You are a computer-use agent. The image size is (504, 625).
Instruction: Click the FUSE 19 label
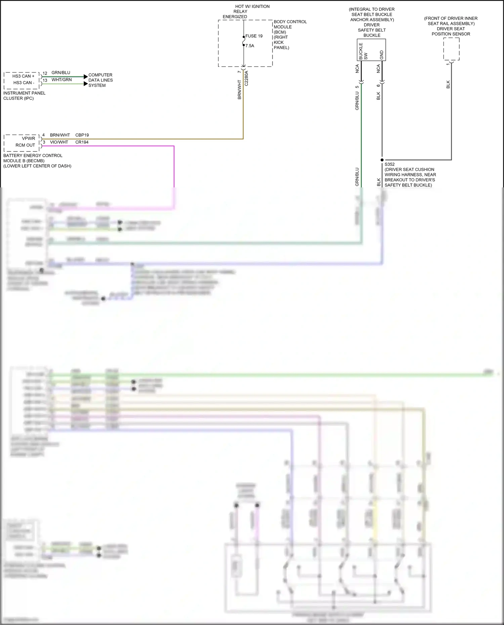[254, 36]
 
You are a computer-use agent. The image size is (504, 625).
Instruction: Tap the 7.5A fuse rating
[250, 46]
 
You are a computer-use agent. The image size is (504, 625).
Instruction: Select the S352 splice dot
[382, 160]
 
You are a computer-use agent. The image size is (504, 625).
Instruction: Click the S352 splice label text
[390, 164]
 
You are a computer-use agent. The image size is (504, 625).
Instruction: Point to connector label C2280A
[246, 78]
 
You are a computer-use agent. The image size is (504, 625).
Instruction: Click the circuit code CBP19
[82, 135]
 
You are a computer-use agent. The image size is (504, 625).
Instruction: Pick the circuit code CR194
[82, 142]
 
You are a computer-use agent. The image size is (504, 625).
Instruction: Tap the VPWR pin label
[29, 138]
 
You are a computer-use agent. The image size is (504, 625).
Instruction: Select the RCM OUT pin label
[25, 145]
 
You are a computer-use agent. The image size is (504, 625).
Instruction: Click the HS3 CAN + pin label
[24, 76]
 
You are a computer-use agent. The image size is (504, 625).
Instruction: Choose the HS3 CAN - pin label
[24, 83]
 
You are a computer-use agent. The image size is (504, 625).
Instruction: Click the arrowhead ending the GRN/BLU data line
[86, 77]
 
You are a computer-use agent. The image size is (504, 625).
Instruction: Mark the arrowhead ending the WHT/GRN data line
[86, 84]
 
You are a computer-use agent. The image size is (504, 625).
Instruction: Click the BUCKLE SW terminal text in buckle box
[363, 51]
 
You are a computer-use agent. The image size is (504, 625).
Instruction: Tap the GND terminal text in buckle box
[382, 55]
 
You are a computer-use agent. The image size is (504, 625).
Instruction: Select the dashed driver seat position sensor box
[451, 49]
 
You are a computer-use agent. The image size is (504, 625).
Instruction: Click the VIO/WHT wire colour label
[59, 142]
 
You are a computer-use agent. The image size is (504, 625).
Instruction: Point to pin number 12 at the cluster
[45, 73]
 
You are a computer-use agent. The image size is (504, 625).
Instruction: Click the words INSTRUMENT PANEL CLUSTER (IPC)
[24, 96]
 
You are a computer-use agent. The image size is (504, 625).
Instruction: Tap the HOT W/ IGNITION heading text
[252, 6]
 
